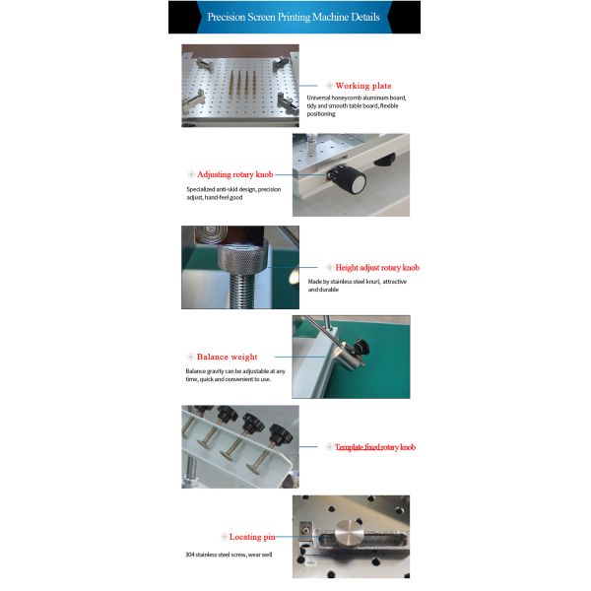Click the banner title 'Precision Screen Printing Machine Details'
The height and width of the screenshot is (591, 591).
click(295, 17)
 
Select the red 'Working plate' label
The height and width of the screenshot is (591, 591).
click(363, 86)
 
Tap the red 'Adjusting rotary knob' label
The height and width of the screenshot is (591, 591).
click(237, 173)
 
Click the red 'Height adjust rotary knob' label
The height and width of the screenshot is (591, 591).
click(377, 267)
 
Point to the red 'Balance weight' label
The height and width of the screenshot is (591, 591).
click(227, 357)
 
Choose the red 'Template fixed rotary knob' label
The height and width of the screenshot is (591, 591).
click(374, 446)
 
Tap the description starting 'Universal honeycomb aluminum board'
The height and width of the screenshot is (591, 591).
click(357, 105)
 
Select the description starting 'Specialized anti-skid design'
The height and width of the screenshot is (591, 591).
click(233, 193)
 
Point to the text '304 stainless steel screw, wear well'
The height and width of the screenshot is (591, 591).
click(229, 555)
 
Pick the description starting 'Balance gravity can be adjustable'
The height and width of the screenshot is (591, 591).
click(234, 375)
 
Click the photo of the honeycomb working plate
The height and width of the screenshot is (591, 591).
click(239, 86)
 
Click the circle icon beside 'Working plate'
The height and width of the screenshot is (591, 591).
click(329, 86)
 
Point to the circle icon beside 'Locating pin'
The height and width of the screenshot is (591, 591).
click(223, 537)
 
